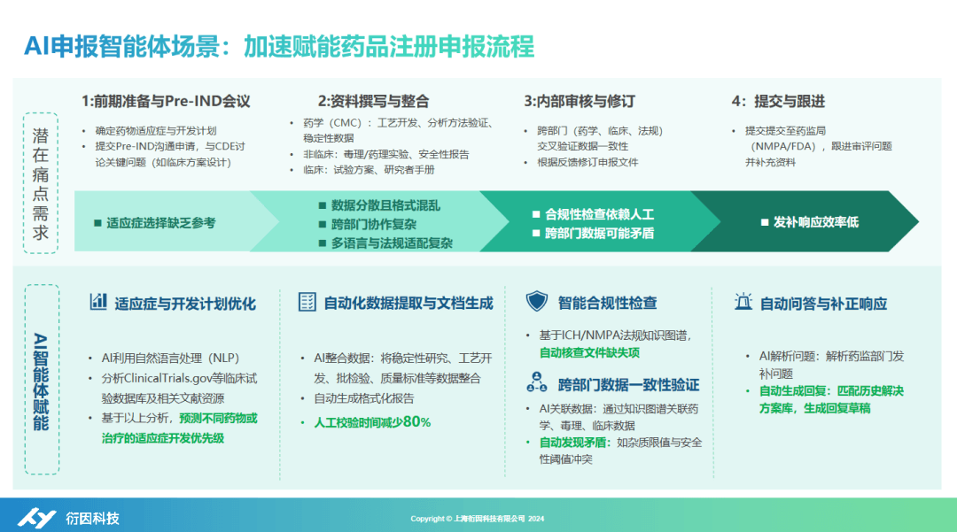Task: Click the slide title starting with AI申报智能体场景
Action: [x=279, y=45]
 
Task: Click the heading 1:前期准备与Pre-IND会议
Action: [x=166, y=101]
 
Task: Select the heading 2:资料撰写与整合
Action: [x=373, y=101]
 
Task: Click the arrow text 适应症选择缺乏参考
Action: [x=160, y=223]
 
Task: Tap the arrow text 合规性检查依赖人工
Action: [x=599, y=214]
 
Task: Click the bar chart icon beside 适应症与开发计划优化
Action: [x=97, y=302]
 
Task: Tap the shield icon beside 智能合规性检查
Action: [x=536, y=302]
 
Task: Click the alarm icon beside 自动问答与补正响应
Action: [x=743, y=302]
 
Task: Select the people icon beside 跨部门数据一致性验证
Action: [x=536, y=383]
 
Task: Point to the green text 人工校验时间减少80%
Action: [x=371, y=422]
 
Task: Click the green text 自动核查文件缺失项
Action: [x=589, y=352]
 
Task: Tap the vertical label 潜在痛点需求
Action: [x=41, y=183]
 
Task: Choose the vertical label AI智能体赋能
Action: [x=41, y=381]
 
